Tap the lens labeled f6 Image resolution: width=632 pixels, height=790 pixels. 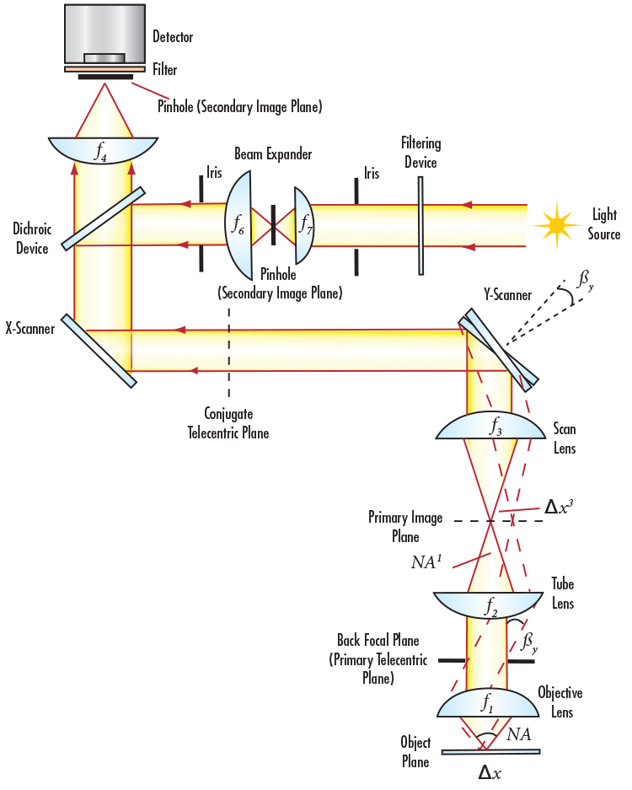coord(239,225)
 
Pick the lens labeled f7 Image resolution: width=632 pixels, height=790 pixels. coord(303,225)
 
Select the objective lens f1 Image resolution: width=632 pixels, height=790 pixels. coord(486,702)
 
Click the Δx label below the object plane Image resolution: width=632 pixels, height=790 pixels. coord(490,772)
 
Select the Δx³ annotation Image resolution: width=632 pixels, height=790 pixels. coord(560,507)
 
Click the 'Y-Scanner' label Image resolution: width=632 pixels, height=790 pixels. coord(506,295)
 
